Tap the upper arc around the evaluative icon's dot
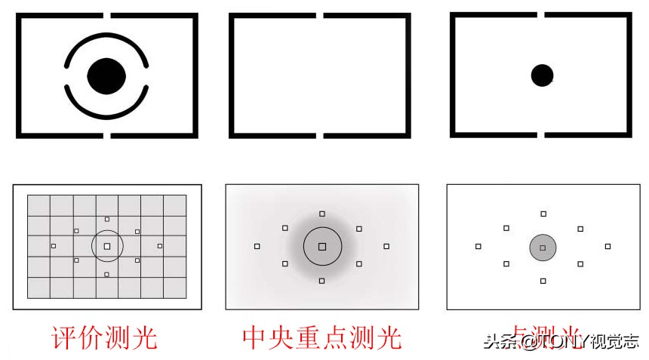coord(106,37)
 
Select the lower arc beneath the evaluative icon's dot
coord(106,114)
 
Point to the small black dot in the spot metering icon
coord(542,75)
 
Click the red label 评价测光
coord(104,337)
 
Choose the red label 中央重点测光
coord(322,337)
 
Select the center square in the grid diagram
coord(107,246)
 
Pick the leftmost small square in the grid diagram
coord(53,246)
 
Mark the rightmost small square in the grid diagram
coord(160,246)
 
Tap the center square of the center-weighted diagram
coord(322,246)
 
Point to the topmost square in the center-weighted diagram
coord(322,214)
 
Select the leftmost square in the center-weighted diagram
coord(257,246)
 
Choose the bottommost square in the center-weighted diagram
coord(322,281)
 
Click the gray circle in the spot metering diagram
coord(543,247)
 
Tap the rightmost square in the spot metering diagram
coord(607,246)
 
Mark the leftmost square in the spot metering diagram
coord(478,246)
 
